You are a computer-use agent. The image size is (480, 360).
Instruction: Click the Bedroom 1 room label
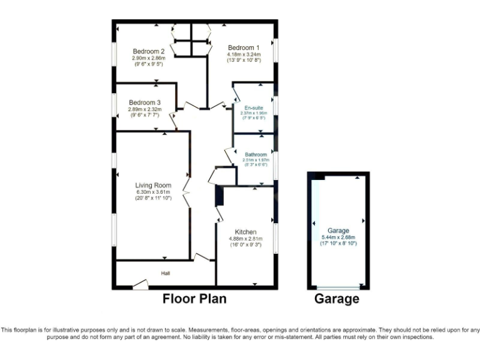click(243, 47)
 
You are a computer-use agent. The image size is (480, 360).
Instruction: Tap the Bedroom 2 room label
click(148, 51)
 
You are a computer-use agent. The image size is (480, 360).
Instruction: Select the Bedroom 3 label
click(145, 102)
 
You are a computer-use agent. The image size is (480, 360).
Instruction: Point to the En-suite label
click(253, 107)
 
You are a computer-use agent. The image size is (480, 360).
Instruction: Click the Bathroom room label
click(256, 154)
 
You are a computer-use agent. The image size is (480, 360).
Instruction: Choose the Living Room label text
click(153, 185)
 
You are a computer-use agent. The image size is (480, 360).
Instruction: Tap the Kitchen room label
click(246, 232)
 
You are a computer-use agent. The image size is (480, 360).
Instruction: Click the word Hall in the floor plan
click(166, 273)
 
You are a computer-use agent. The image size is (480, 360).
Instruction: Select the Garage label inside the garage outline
click(338, 230)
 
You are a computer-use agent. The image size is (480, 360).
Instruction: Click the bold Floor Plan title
click(194, 299)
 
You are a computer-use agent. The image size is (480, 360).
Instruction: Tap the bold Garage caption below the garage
click(337, 299)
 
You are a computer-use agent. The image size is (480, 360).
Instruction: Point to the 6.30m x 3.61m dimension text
click(153, 192)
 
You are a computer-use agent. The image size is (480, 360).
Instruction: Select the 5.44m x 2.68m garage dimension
click(338, 237)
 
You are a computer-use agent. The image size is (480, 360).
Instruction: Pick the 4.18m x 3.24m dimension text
click(243, 54)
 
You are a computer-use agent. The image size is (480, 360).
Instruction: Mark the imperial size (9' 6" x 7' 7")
click(145, 115)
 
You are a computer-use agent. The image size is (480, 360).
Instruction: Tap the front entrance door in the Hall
click(141, 285)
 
